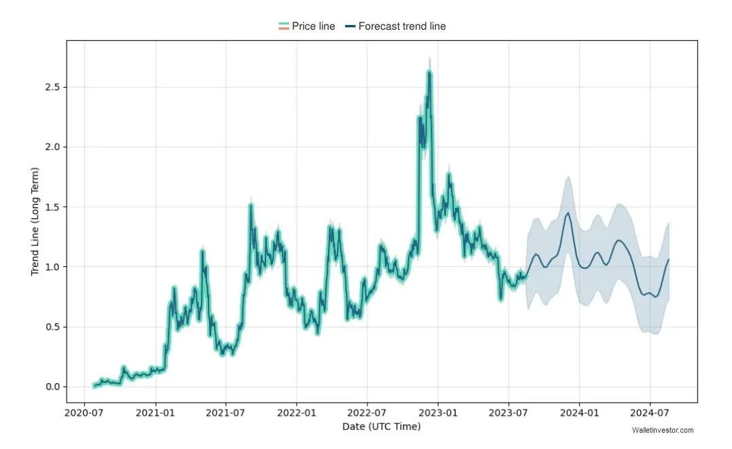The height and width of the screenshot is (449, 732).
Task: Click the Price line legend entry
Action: [307, 26]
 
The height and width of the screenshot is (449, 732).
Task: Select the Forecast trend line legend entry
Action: [395, 26]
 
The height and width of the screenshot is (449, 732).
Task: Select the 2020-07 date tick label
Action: [84, 412]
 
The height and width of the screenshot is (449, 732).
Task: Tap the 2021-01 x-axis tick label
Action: [155, 412]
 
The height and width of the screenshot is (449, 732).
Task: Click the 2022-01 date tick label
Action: [297, 412]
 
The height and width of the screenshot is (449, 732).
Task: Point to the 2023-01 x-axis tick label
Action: [438, 412]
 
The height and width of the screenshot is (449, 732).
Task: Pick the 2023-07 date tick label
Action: [509, 412]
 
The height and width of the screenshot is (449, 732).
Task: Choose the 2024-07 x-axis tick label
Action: [650, 412]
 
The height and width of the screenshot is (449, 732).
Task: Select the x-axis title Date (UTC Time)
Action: [382, 427]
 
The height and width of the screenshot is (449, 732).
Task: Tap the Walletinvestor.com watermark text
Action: [662, 430]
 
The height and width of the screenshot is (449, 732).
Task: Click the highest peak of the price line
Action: [429, 72]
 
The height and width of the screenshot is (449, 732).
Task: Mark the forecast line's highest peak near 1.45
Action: [568, 213]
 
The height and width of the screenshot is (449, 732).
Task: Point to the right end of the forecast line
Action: [668, 259]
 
